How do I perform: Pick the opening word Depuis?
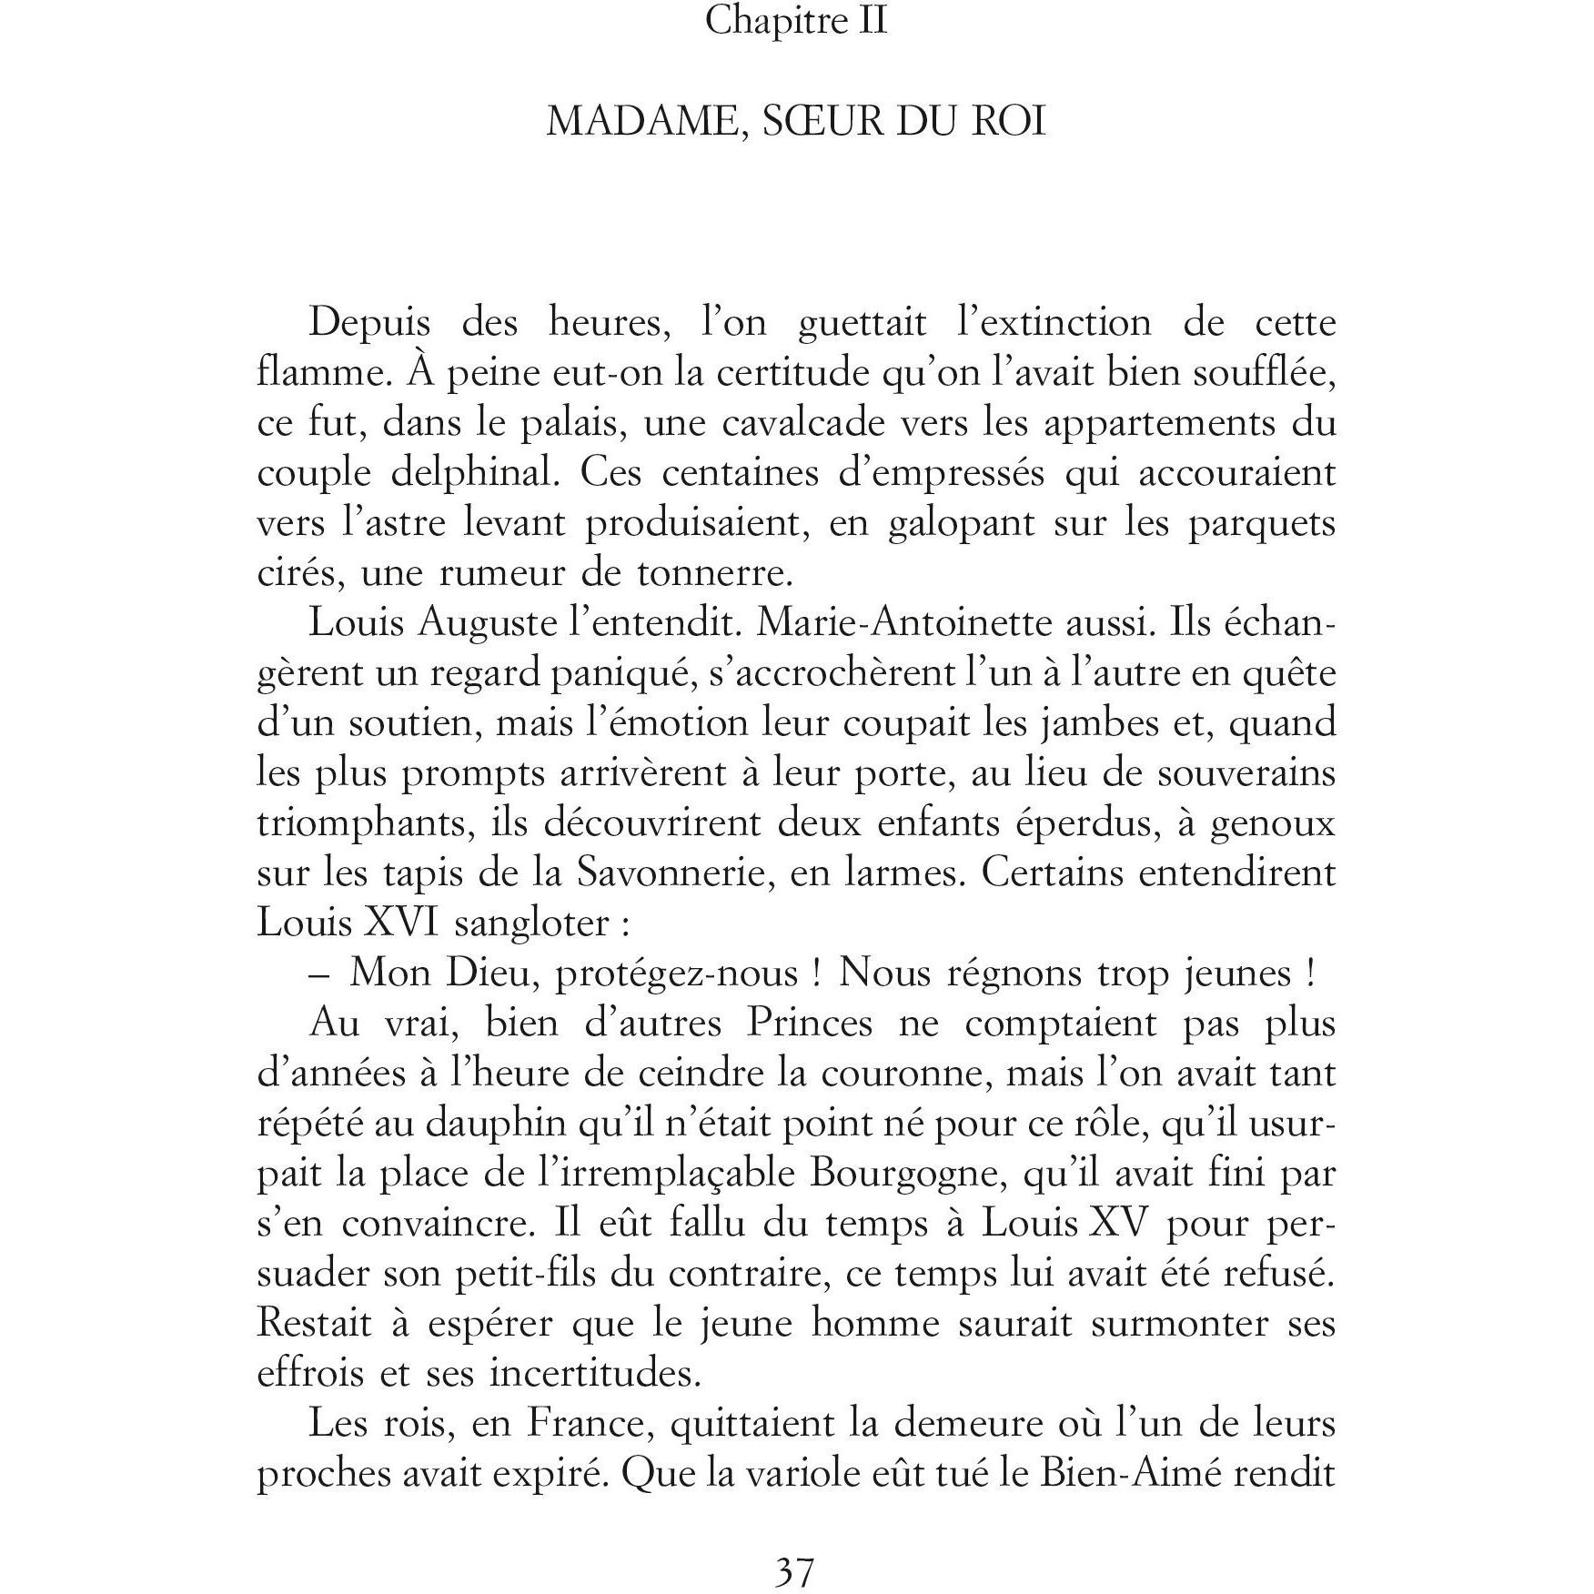pos(369,324)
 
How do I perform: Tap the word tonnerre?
pos(715,574)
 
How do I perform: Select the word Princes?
pos(809,1024)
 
